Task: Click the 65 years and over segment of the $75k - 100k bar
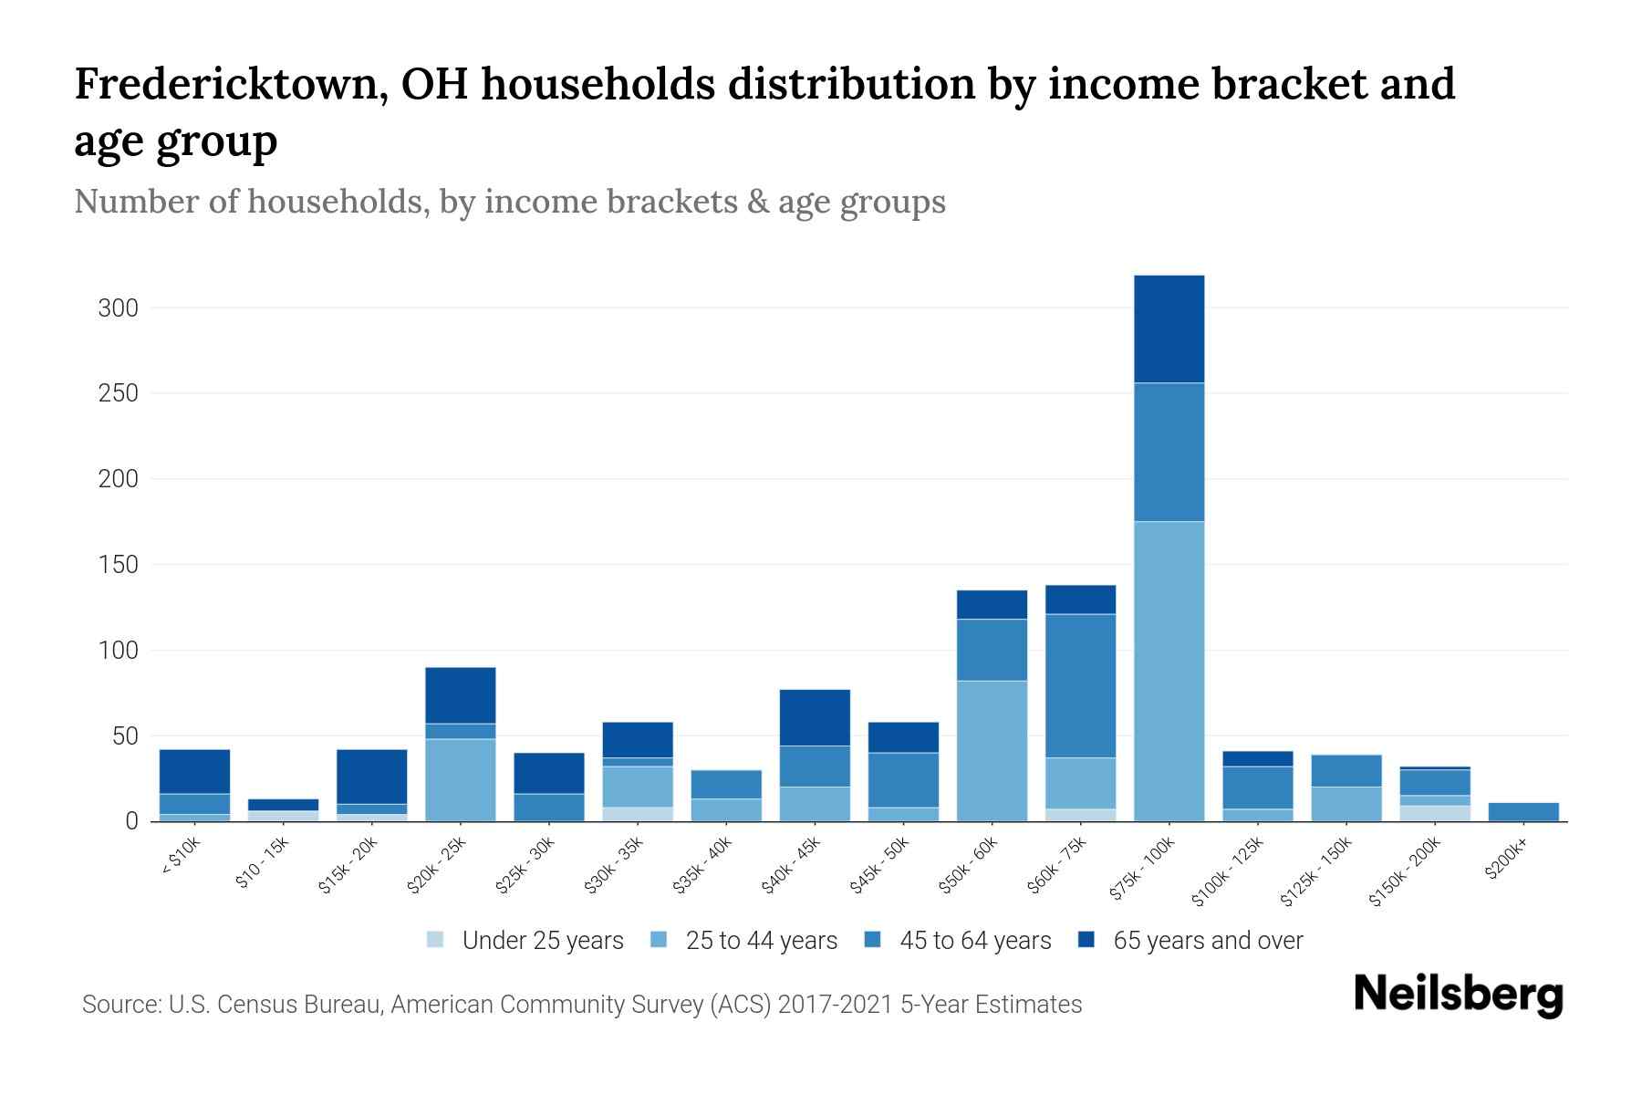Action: (1169, 328)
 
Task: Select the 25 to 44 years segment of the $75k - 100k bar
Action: (1169, 671)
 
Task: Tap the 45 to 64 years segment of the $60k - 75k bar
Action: (1080, 686)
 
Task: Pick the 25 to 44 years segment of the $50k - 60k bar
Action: (992, 751)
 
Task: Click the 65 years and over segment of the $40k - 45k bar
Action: (815, 717)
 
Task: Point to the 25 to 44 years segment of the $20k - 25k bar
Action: (460, 780)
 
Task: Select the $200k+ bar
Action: (1523, 812)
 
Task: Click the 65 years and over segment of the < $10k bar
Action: (194, 772)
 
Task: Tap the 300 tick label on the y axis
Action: (119, 308)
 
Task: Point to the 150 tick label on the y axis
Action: (119, 565)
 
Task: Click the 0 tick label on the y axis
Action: (131, 821)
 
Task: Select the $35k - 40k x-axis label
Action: (703, 866)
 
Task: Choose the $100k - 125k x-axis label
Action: (1228, 871)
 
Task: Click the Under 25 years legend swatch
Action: (436, 940)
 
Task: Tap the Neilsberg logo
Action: (1458, 995)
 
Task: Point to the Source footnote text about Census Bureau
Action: (582, 1005)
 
